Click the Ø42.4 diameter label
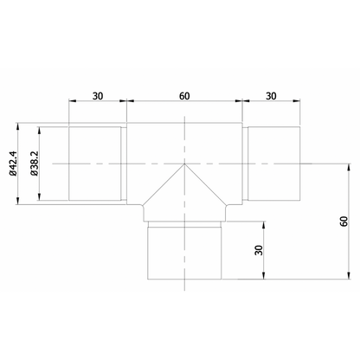(16, 163)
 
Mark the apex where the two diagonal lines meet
(183, 164)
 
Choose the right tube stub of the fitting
(273, 164)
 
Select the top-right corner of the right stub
(299, 126)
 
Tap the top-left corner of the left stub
(68, 126)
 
